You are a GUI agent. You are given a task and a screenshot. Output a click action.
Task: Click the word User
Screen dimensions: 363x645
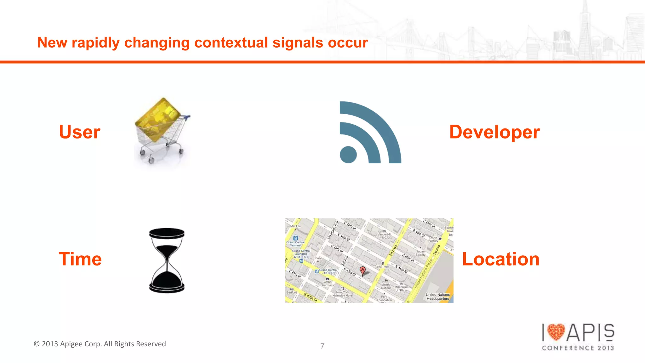point(80,132)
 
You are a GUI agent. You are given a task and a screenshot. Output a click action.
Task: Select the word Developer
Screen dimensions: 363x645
point(494,132)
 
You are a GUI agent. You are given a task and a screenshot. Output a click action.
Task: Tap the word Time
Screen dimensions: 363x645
point(80,259)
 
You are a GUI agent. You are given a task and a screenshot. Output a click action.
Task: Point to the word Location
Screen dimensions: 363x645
point(500,259)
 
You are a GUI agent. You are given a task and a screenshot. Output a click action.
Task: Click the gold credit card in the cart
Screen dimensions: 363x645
point(158,119)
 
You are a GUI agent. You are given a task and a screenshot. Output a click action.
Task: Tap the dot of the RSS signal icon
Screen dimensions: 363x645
point(348,155)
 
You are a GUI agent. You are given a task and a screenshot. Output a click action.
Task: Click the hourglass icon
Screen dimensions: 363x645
point(167,260)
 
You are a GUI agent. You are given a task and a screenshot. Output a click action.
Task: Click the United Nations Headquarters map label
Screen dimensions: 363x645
point(438,297)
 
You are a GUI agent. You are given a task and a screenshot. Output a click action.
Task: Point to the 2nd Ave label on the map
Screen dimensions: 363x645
point(393,250)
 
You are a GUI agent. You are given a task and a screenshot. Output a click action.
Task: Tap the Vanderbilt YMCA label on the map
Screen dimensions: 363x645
point(384,236)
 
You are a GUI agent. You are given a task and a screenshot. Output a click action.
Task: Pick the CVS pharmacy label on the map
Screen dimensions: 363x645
point(327,283)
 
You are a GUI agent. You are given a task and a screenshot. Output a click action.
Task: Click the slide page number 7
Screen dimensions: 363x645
point(322,346)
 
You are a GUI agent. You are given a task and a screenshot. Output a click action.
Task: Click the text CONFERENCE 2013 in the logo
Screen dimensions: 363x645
point(578,348)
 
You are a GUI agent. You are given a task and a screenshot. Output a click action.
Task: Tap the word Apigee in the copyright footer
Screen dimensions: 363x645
point(71,344)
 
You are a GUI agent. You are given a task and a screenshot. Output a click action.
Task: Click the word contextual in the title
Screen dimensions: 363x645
point(231,43)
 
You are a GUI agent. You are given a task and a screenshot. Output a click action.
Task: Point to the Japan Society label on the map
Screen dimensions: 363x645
point(420,253)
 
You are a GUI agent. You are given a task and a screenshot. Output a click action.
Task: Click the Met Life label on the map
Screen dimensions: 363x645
point(295,226)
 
